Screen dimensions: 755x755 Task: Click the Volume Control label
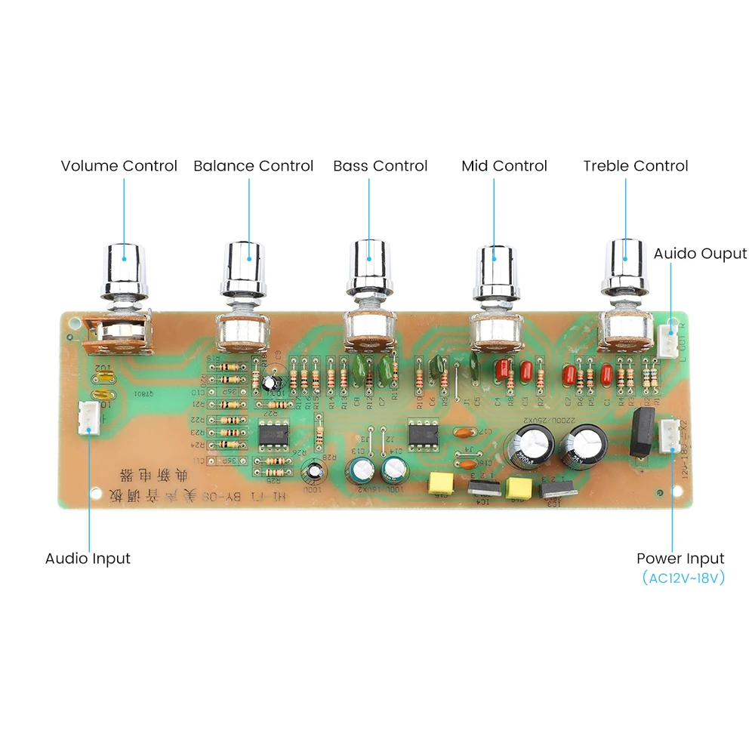pos(119,166)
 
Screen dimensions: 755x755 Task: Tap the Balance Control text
pos(253,166)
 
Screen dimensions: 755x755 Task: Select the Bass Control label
pos(380,166)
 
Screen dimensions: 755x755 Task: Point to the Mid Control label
pos(504,166)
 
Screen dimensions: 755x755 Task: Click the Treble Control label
pos(635,166)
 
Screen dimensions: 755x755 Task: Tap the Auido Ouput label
pos(700,254)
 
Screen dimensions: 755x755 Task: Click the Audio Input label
pos(88,559)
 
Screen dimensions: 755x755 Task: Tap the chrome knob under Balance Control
pos(245,270)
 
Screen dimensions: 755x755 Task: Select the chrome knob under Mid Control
pos(494,270)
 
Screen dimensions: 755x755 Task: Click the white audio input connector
pos(88,418)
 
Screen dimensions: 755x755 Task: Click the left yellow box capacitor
pos(439,484)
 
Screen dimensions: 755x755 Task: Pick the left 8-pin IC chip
pos(270,435)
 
